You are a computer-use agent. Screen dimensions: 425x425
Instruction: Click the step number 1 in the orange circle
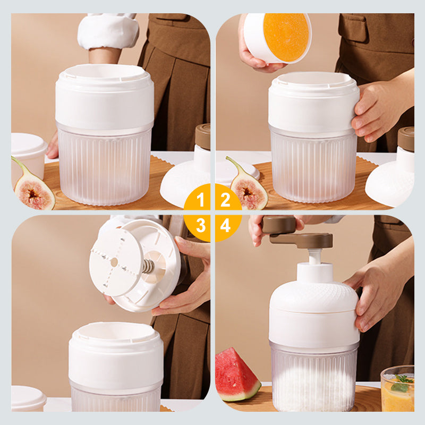point(201,200)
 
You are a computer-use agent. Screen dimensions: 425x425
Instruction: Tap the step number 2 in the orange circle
point(225,200)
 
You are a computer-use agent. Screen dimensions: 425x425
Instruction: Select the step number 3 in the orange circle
point(201,225)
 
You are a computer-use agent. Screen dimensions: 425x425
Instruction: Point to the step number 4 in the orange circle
point(225,225)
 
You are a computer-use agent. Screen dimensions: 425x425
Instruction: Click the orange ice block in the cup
point(286,37)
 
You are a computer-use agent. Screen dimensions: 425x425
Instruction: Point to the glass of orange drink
point(397,388)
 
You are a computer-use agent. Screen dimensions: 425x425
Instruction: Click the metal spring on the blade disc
point(148,266)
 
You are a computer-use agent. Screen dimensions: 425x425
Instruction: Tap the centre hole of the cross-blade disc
point(114,262)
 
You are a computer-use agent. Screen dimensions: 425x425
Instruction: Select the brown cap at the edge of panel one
point(203,137)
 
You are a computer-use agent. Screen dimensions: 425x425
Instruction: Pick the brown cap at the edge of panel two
point(406,139)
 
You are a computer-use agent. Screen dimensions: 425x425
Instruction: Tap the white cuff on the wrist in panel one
point(108,31)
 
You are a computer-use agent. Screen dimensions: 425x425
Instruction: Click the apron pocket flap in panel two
point(352,27)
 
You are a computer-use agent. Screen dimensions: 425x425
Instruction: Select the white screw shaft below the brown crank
point(314,257)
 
